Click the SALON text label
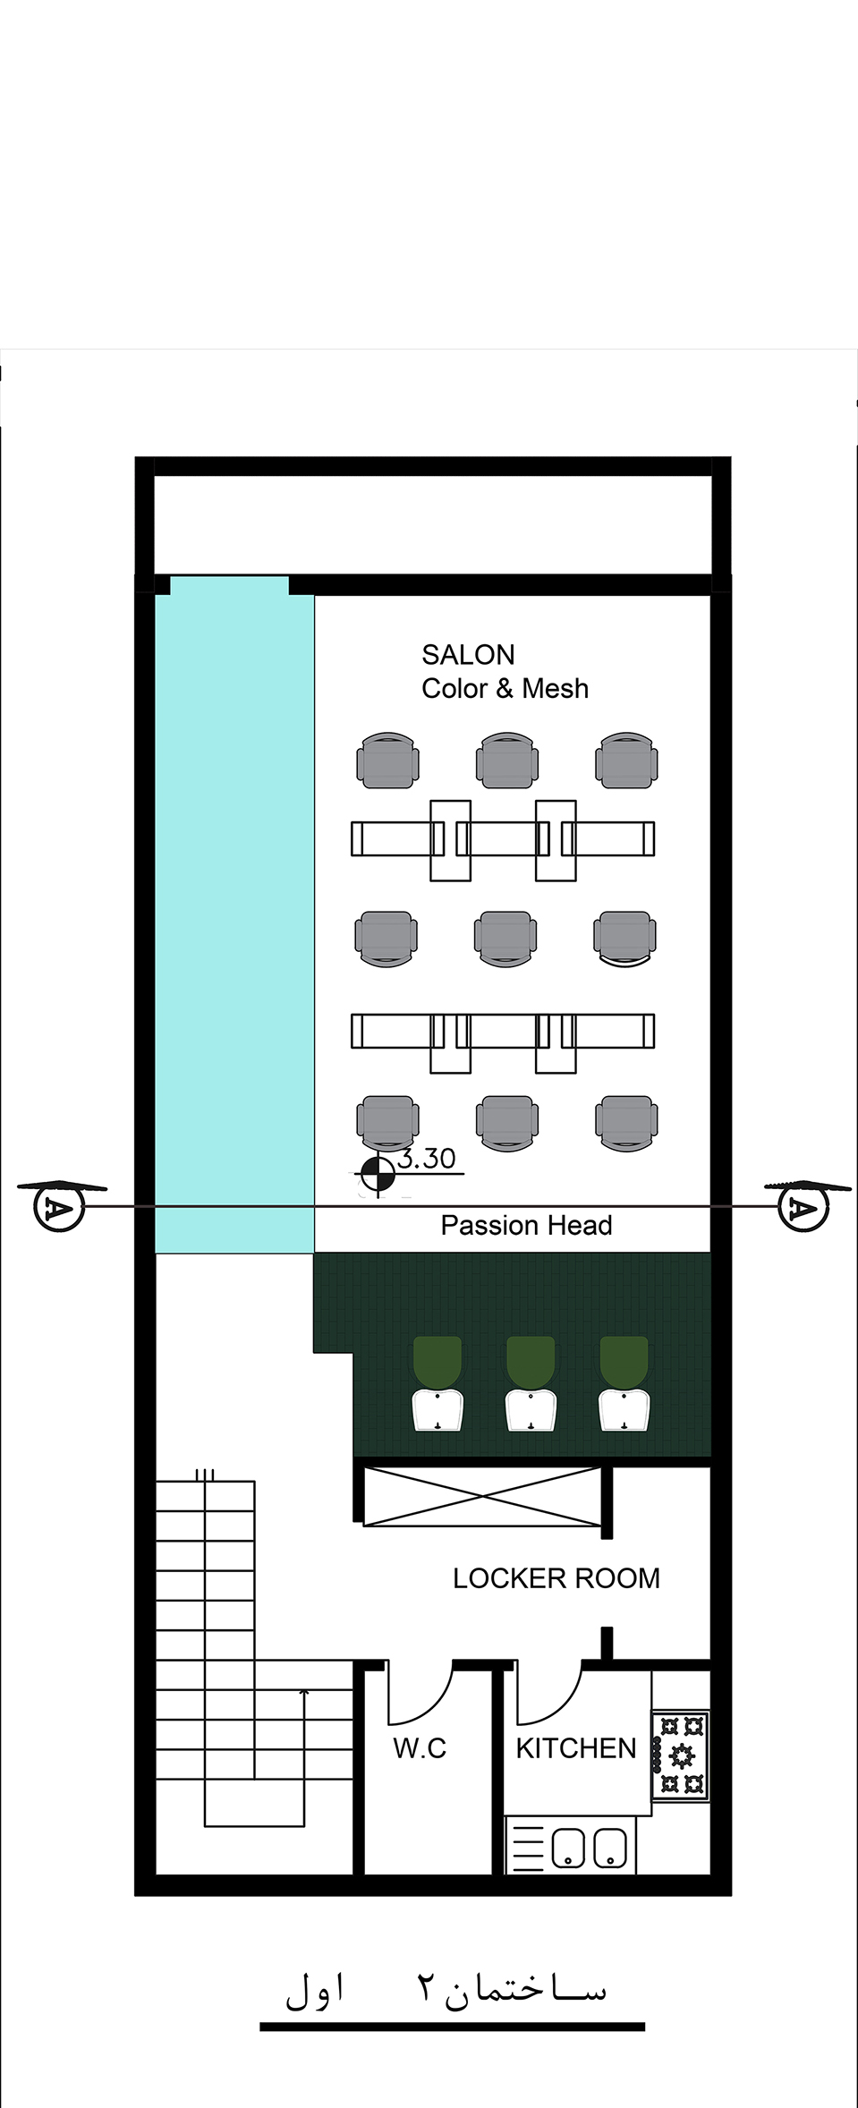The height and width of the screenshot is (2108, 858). coord(468,655)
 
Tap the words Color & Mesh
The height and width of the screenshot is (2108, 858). coord(505,688)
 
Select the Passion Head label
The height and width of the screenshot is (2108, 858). coord(526,1225)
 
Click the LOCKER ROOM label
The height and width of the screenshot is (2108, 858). coord(556,1578)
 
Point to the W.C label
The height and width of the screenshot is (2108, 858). coord(419,1748)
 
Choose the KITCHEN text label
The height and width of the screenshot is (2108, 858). coord(575,1748)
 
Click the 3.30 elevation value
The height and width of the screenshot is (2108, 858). coord(427,1159)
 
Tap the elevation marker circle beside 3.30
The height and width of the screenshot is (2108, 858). coord(378,1176)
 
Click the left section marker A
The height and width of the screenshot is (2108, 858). coord(58,1208)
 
